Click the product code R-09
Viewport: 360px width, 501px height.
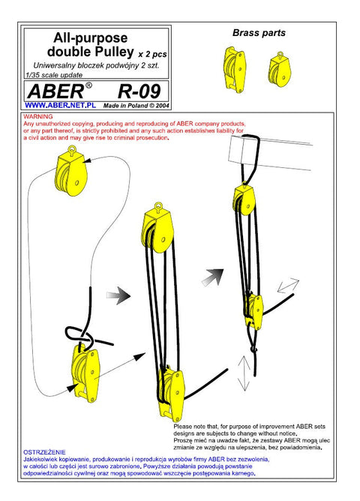(x=139, y=91)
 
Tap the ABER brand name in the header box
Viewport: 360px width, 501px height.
(x=55, y=91)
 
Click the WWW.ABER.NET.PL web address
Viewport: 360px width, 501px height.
(x=60, y=105)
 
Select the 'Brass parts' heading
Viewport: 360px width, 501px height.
(x=259, y=33)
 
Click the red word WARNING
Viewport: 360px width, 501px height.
(x=38, y=116)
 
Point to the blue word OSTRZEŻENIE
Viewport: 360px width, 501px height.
(x=44, y=452)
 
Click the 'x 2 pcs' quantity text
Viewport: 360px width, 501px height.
(x=152, y=54)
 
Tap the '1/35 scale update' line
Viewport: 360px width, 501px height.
(x=54, y=75)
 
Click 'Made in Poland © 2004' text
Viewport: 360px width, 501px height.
(x=136, y=106)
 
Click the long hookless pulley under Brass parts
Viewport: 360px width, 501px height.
(x=235, y=69)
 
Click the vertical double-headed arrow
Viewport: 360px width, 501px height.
(x=244, y=373)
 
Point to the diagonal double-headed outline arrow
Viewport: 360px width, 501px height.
(x=288, y=286)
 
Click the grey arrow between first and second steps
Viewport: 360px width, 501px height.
(x=118, y=295)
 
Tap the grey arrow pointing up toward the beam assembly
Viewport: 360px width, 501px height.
(x=213, y=277)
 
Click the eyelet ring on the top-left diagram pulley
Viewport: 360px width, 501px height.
(x=72, y=149)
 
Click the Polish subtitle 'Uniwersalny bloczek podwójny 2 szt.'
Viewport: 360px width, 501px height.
(x=96, y=66)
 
